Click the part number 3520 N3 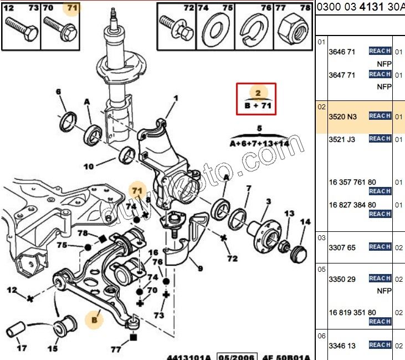(343, 116)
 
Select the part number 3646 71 (342, 52)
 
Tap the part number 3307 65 (342, 247)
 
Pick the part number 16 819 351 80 (352, 313)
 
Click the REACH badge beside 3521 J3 (380, 139)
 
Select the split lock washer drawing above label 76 (255, 26)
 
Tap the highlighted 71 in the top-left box (72, 8)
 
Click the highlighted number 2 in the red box (258, 93)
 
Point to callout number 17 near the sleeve (22, 349)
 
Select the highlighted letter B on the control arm (95, 320)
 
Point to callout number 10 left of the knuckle (89, 166)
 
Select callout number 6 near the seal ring (59, 92)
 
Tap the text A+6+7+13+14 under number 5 (259, 143)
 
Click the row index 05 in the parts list (321, 270)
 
